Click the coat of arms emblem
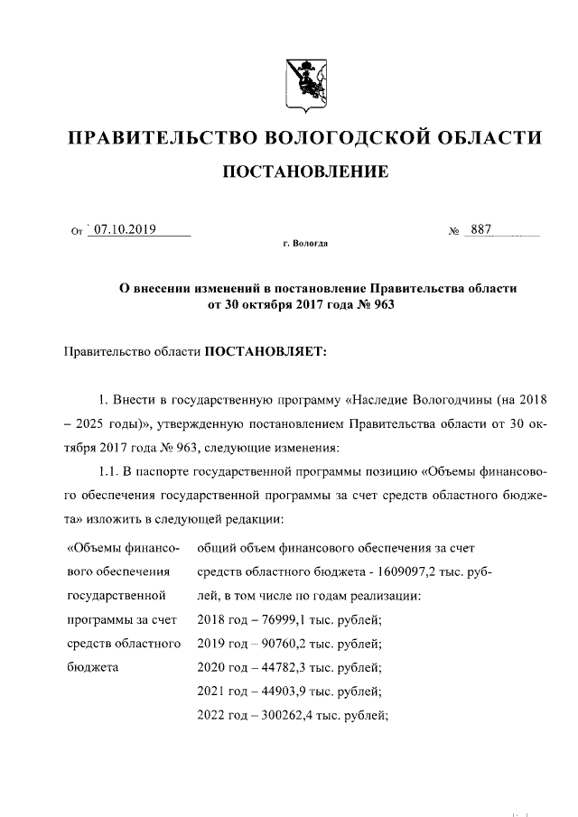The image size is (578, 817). click(x=305, y=84)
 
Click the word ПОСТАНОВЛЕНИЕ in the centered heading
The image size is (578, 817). click(x=305, y=171)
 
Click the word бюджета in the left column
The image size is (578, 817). click(x=93, y=668)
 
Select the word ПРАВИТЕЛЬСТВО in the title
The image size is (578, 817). click(x=162, y=137)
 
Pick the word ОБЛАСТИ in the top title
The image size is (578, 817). click(x=491, y=137)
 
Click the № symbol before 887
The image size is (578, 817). click(x=454, y=231)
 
